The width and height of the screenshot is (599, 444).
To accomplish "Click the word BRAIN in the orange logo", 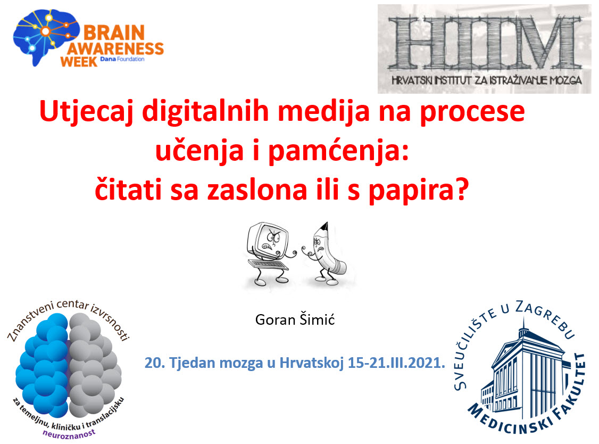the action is tap(114, 33).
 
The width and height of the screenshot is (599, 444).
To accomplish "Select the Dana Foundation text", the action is tap(122, 59).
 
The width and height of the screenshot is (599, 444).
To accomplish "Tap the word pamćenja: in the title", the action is tap(338, 151).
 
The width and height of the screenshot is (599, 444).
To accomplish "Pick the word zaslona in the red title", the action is tap(257, 190).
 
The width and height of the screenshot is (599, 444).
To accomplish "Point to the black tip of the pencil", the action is tap(325, 226).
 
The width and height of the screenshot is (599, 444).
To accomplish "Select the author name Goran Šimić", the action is tap(295, 319).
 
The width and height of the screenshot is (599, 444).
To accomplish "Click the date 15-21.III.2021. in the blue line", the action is tap(396, 363).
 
